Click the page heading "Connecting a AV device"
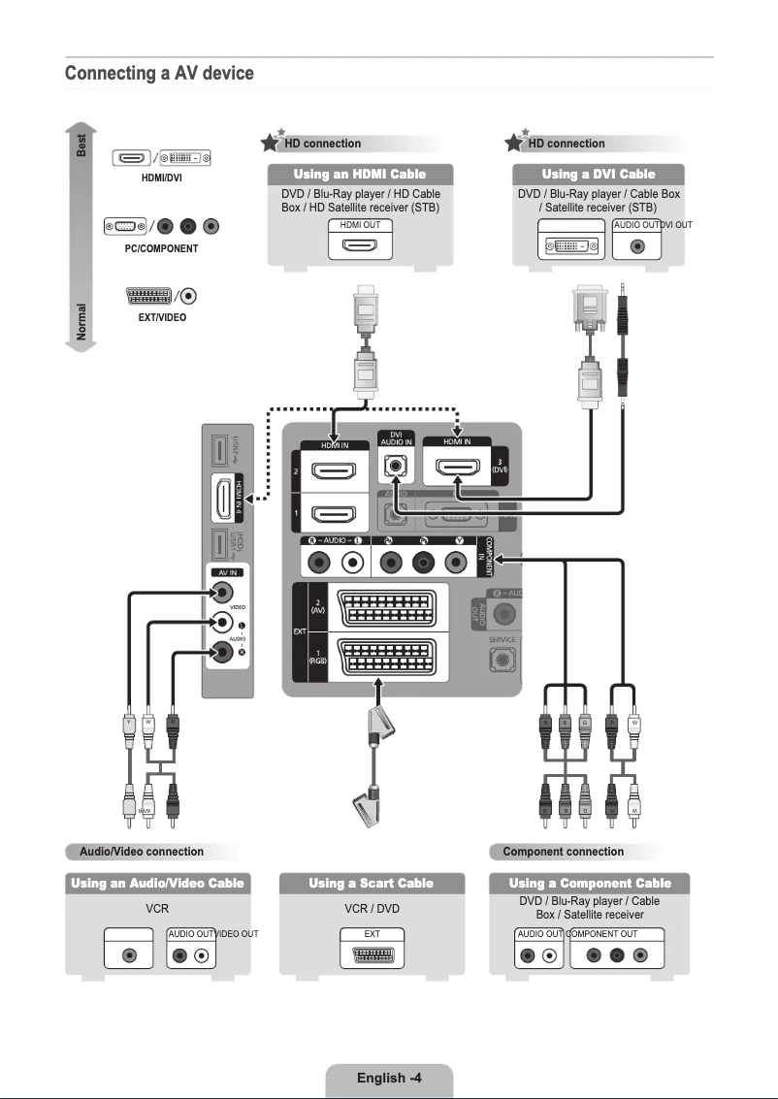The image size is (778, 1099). click(159, 74)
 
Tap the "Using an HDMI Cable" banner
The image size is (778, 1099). click(360, 174)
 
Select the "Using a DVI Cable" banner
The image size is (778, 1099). click(598, 174)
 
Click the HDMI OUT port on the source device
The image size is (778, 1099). click(360, 245)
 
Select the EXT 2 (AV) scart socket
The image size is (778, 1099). click(388, 609)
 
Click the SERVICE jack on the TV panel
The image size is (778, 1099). click(502, 661)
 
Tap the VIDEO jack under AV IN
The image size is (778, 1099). click(224, 592)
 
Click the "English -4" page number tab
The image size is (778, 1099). click(388, 1078)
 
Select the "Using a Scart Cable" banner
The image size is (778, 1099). click(371, 883)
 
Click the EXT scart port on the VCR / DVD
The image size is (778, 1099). click(372, 954)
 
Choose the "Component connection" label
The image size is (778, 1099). click(563, 852)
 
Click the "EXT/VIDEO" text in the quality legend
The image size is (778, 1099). click(161, 317)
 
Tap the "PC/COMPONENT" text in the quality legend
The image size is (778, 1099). click(161, 248)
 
